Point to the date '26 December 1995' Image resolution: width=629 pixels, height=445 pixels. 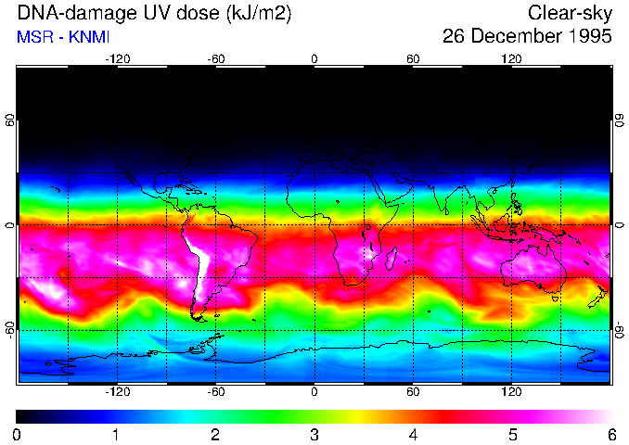[527, 38]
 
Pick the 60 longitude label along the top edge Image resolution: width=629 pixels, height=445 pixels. [413, 58]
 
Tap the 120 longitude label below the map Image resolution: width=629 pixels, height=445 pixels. [511, 392]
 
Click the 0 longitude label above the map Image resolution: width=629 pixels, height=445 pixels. [314, 58]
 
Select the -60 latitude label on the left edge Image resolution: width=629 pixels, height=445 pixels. [10, 329]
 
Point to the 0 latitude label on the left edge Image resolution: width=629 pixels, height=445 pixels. [10, 225]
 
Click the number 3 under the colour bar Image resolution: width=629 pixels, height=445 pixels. [314, 434]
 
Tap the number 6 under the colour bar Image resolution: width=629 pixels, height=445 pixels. [610, 434]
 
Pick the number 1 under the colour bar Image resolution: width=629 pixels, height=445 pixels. [116, 434]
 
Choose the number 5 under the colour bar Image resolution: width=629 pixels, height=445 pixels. [512, 434]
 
